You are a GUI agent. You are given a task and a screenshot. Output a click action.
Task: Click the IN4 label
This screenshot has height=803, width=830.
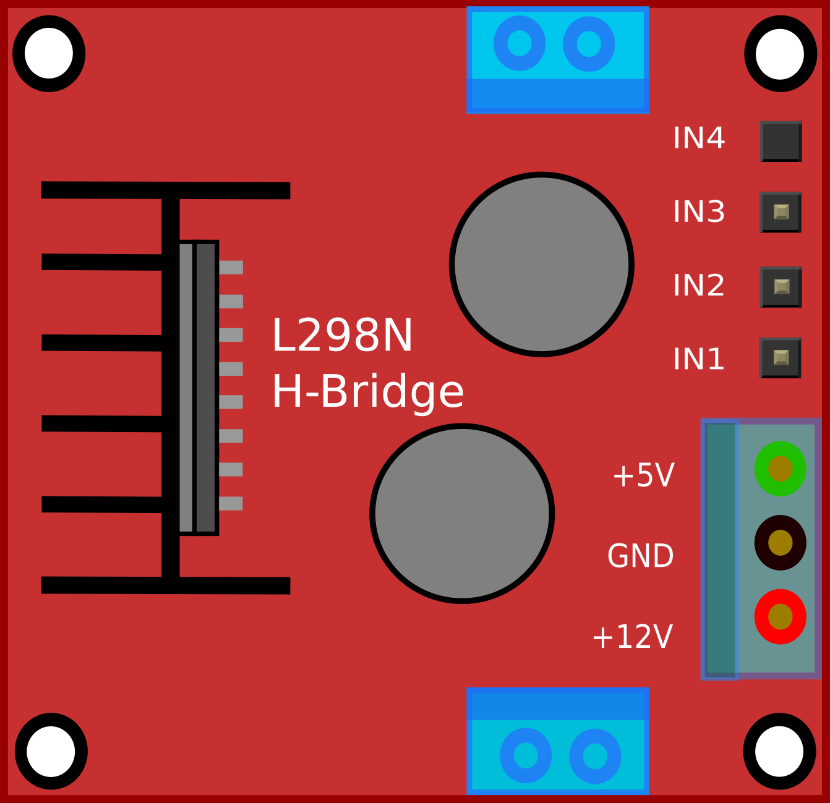pos(698,138)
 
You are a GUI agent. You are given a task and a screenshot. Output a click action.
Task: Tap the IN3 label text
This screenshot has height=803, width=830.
pos(698,211)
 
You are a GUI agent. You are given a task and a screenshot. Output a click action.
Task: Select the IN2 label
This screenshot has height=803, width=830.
pos(698,285)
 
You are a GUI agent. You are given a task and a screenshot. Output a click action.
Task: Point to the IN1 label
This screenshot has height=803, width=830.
pos(698,359)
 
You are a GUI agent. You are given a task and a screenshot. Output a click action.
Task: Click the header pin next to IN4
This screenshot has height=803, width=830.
pos(781,141)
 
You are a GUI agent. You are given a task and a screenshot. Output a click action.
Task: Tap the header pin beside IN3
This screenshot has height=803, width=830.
pos(781,212)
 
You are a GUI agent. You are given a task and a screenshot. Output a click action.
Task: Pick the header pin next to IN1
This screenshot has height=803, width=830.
pos(781,357)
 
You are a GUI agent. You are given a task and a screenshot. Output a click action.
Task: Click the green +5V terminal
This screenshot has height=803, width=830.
pos(780,469)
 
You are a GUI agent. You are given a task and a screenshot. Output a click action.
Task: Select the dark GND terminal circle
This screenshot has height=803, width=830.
pos(780,543)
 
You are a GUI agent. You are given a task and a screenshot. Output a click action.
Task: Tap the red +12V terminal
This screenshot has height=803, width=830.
pos(780,616)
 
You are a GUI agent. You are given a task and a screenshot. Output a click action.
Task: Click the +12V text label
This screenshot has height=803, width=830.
pos(632,637)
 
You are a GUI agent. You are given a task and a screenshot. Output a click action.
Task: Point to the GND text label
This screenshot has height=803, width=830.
pos(640,556)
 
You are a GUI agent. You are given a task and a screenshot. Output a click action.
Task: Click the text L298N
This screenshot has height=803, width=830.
pos(342,336)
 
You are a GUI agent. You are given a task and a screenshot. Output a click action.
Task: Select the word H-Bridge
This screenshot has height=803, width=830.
pos(367,392)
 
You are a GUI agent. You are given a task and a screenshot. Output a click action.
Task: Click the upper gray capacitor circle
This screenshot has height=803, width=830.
pos(541,264)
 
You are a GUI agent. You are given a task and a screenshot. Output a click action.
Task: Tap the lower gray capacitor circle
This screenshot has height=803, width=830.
pos(462,513)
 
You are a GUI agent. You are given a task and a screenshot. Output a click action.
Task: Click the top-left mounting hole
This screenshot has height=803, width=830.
pos(49,54)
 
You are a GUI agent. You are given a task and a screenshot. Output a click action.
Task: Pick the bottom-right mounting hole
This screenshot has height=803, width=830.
pos(779,751)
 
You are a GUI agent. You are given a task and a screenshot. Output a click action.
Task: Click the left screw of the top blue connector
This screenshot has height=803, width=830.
pos(520,43)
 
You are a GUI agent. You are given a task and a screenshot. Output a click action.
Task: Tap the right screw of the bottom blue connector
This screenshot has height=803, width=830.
pos(595,756)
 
